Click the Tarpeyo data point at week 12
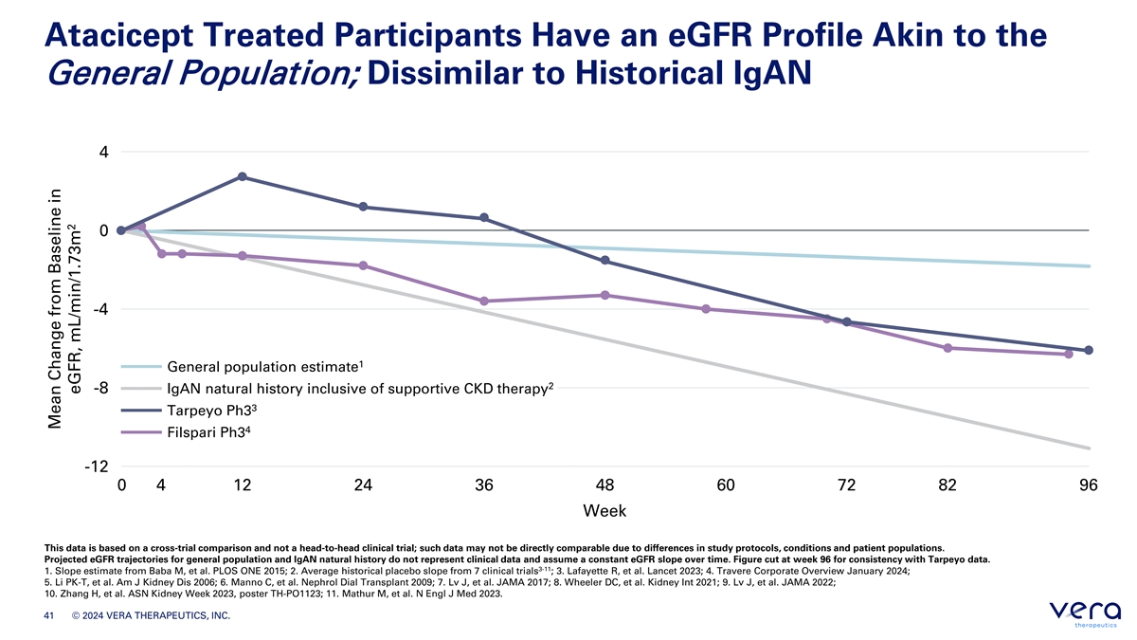tap(243, 176)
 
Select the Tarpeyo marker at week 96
tap(1089, 350)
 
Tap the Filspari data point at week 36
tap(484, 302)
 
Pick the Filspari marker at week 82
tap(947, 348)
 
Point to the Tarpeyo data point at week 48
tap(605, 260)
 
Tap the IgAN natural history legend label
tap(360, 389)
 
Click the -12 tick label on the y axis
tap(97, 466)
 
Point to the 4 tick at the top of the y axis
tap(104, 152)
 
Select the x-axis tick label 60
tap(726, 485)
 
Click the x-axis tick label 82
tap(947, 485)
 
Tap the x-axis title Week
tap(605, 510)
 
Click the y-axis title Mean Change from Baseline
tap(55, 308)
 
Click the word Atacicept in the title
tap(118, 37)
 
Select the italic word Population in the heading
tap(270, 74)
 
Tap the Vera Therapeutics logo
tap(1085, 613)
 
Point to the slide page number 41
tap(48, 615)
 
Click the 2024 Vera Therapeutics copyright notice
tap(151, 615)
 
